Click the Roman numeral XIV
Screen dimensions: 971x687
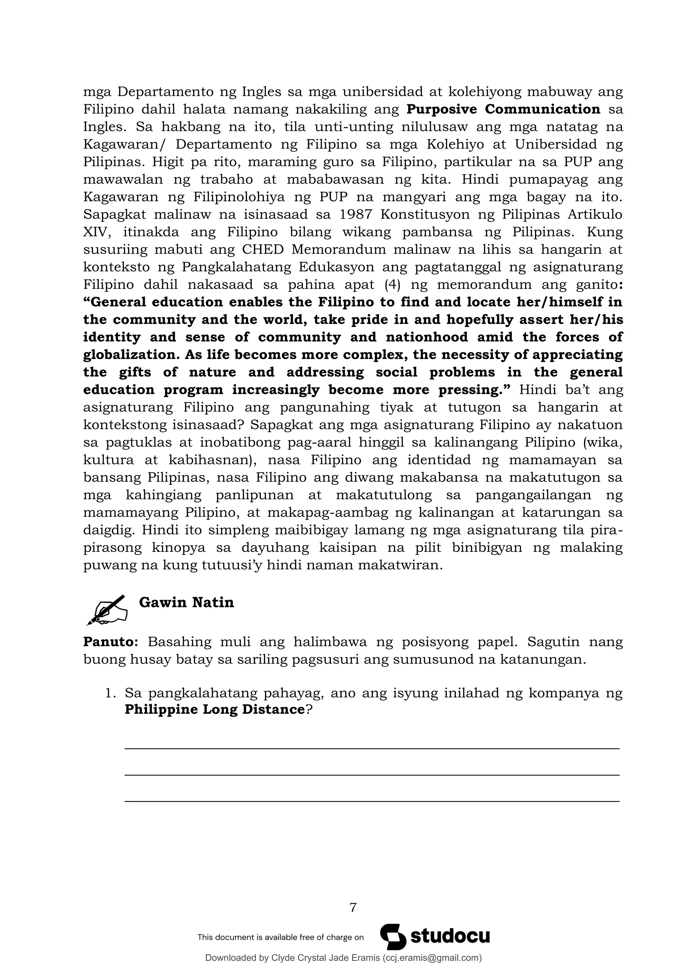point(96,232)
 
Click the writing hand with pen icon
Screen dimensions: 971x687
point(107,610)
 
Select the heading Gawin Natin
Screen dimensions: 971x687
point(186,602)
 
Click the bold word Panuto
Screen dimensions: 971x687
point(108,641)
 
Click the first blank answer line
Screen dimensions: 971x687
point(371,749)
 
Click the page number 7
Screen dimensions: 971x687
point(353,908)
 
